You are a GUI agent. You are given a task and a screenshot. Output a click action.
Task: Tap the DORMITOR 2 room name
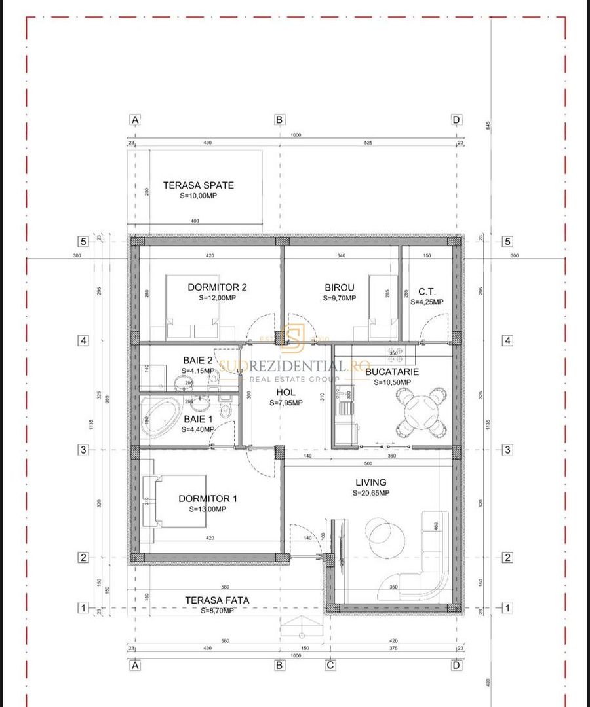click(x=217, y=287)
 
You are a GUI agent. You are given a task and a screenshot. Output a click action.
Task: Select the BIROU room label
click(x=339, y=287)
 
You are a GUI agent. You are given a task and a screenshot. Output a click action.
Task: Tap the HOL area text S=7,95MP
click(x=286, y=403)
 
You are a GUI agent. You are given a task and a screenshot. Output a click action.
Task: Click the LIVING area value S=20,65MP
click(x=370, y=493)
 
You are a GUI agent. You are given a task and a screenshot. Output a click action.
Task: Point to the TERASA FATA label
click(x=216, y=600)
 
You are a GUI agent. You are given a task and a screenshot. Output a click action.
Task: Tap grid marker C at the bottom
click(x=330, y=666)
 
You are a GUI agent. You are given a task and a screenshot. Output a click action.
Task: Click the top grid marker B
click(x=279, y=120)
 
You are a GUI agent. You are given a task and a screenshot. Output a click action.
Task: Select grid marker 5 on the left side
click(x=83, y=241)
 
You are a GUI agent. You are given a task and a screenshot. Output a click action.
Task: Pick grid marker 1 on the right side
click(x=507, y=608)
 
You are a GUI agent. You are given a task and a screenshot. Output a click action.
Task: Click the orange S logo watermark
click(x=293, y=337)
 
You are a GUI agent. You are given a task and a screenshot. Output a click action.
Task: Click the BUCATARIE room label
click(x=392, y=371)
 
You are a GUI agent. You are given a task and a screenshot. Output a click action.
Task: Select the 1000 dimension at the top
click(x=296, y=135)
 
